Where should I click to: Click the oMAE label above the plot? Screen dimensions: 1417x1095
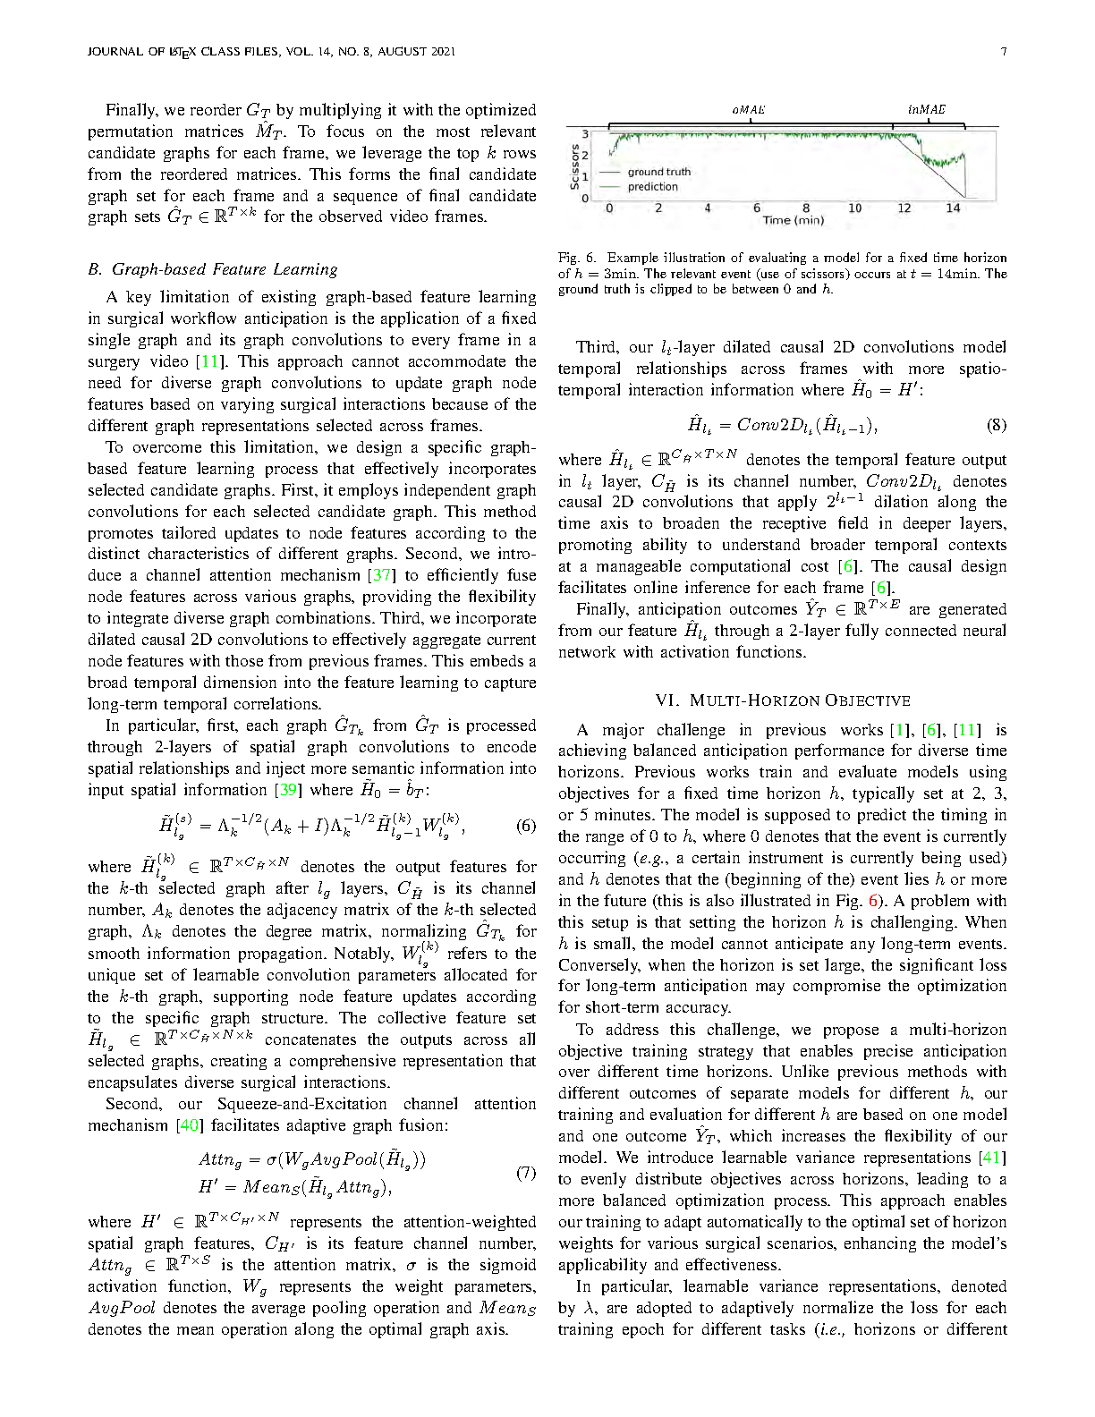tap(747, 109)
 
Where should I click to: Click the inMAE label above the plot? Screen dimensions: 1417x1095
tap(926, 109)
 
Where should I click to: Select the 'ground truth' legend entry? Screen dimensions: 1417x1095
tap(658, 172)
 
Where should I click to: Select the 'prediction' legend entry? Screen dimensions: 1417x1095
tap(652, 187)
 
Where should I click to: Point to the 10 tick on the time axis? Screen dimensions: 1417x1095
tap(854, 208)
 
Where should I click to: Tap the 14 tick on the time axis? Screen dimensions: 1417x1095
tap(953, 208)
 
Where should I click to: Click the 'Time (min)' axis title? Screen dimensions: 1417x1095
tap(793, 220)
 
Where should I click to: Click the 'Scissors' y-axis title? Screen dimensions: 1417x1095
tap(574, 166)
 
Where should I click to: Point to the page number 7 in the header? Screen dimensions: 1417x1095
tap(1004, 52)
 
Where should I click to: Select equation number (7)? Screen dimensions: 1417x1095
tap(526, 1173)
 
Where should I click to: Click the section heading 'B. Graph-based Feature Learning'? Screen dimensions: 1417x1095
tap(213, 269)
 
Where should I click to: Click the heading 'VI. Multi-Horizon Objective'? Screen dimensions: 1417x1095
tap(783, 700)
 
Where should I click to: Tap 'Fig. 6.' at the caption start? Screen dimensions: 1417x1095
tap(574, 258)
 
